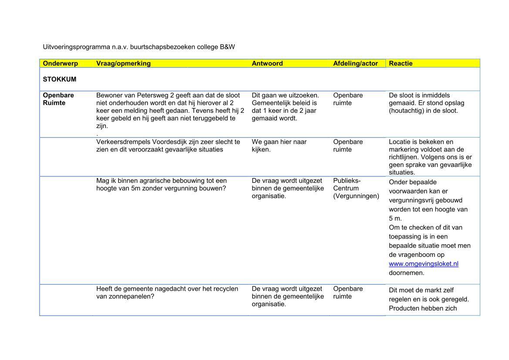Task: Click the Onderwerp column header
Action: pos(60,64)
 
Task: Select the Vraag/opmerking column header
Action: pos(123,64)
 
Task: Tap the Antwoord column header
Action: pos(267,64)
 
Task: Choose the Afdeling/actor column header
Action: pos(355,64)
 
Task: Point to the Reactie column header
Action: pos(401,64)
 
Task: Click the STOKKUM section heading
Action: pos(59,80)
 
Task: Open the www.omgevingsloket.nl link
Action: pos(423,264)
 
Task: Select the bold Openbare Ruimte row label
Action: pos(58,99)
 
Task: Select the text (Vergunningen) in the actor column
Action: pos(356,196)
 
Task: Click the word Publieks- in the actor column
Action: pos(347,181)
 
